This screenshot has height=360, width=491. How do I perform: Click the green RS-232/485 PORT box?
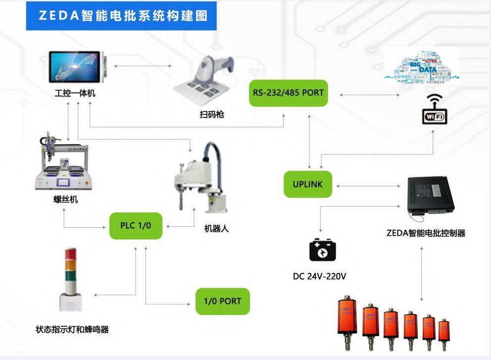288,93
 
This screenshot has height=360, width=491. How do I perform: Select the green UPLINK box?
307,184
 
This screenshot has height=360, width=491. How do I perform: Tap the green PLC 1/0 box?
136,225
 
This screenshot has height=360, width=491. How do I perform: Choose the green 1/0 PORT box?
222,301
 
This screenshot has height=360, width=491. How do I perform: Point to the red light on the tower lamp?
68,254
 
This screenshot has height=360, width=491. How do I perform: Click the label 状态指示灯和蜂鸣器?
72,329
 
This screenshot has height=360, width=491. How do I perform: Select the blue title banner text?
121,15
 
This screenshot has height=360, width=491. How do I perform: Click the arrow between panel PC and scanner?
142,66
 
